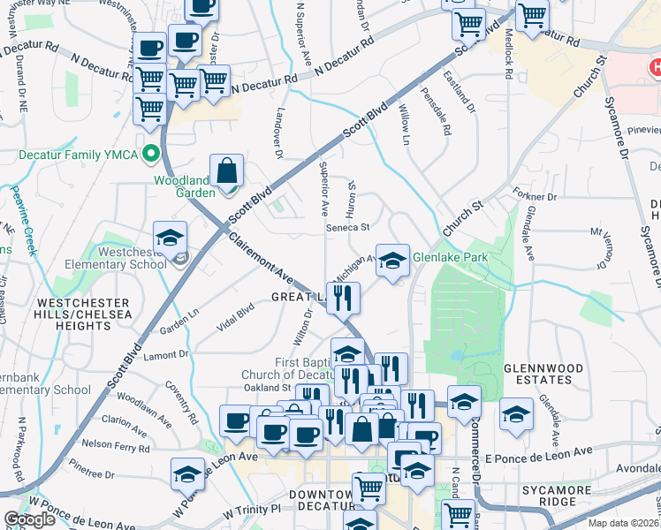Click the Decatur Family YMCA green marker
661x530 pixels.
(x=151, y=153)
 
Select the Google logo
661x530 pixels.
(x=29, y=519)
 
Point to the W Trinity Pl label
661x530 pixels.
(x=251, y=511)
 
